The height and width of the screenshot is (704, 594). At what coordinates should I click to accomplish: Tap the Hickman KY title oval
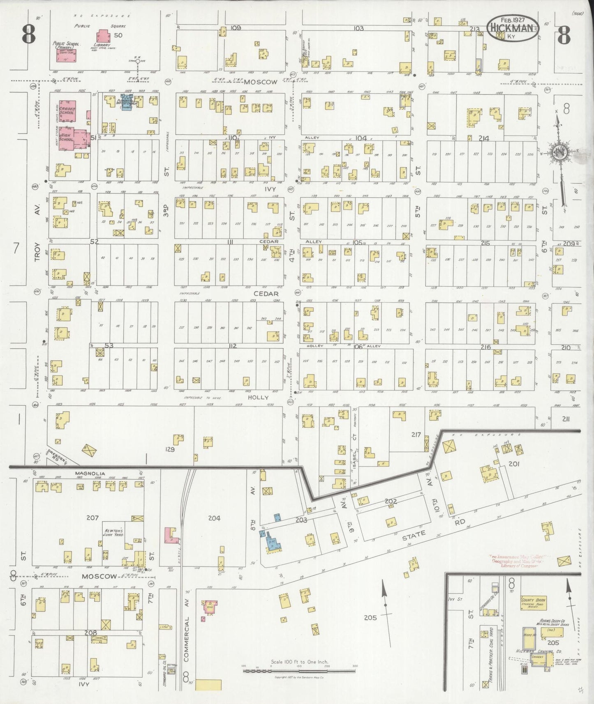click(512, 28)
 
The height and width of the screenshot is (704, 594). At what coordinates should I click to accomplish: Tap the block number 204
click(214, 518)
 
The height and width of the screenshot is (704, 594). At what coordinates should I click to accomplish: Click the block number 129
click(170, 449)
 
